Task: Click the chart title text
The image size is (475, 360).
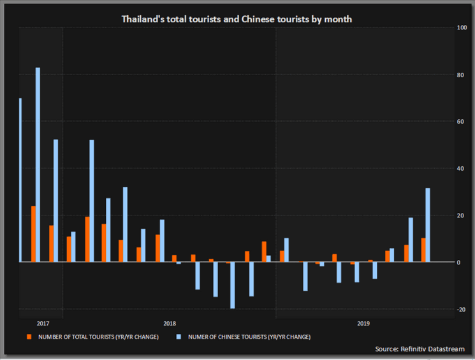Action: (237, 19)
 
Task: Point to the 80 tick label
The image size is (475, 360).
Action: (462, 75)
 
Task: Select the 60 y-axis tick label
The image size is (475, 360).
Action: (462, 121)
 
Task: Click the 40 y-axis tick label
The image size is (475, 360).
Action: (462, 168)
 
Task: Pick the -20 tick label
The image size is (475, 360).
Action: (462, 309)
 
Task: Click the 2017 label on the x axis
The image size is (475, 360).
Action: (43, 324)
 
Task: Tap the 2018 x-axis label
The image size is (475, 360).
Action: (170, 324)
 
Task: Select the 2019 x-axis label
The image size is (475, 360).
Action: (363, 324)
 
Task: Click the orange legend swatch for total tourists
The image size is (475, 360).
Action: (28, 336)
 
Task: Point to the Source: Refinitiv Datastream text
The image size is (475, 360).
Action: (421, 349)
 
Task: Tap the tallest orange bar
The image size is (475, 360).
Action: (33, 233)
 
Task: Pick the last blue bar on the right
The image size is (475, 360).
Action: (428, 224)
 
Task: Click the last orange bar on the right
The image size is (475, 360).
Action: (423, 250)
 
